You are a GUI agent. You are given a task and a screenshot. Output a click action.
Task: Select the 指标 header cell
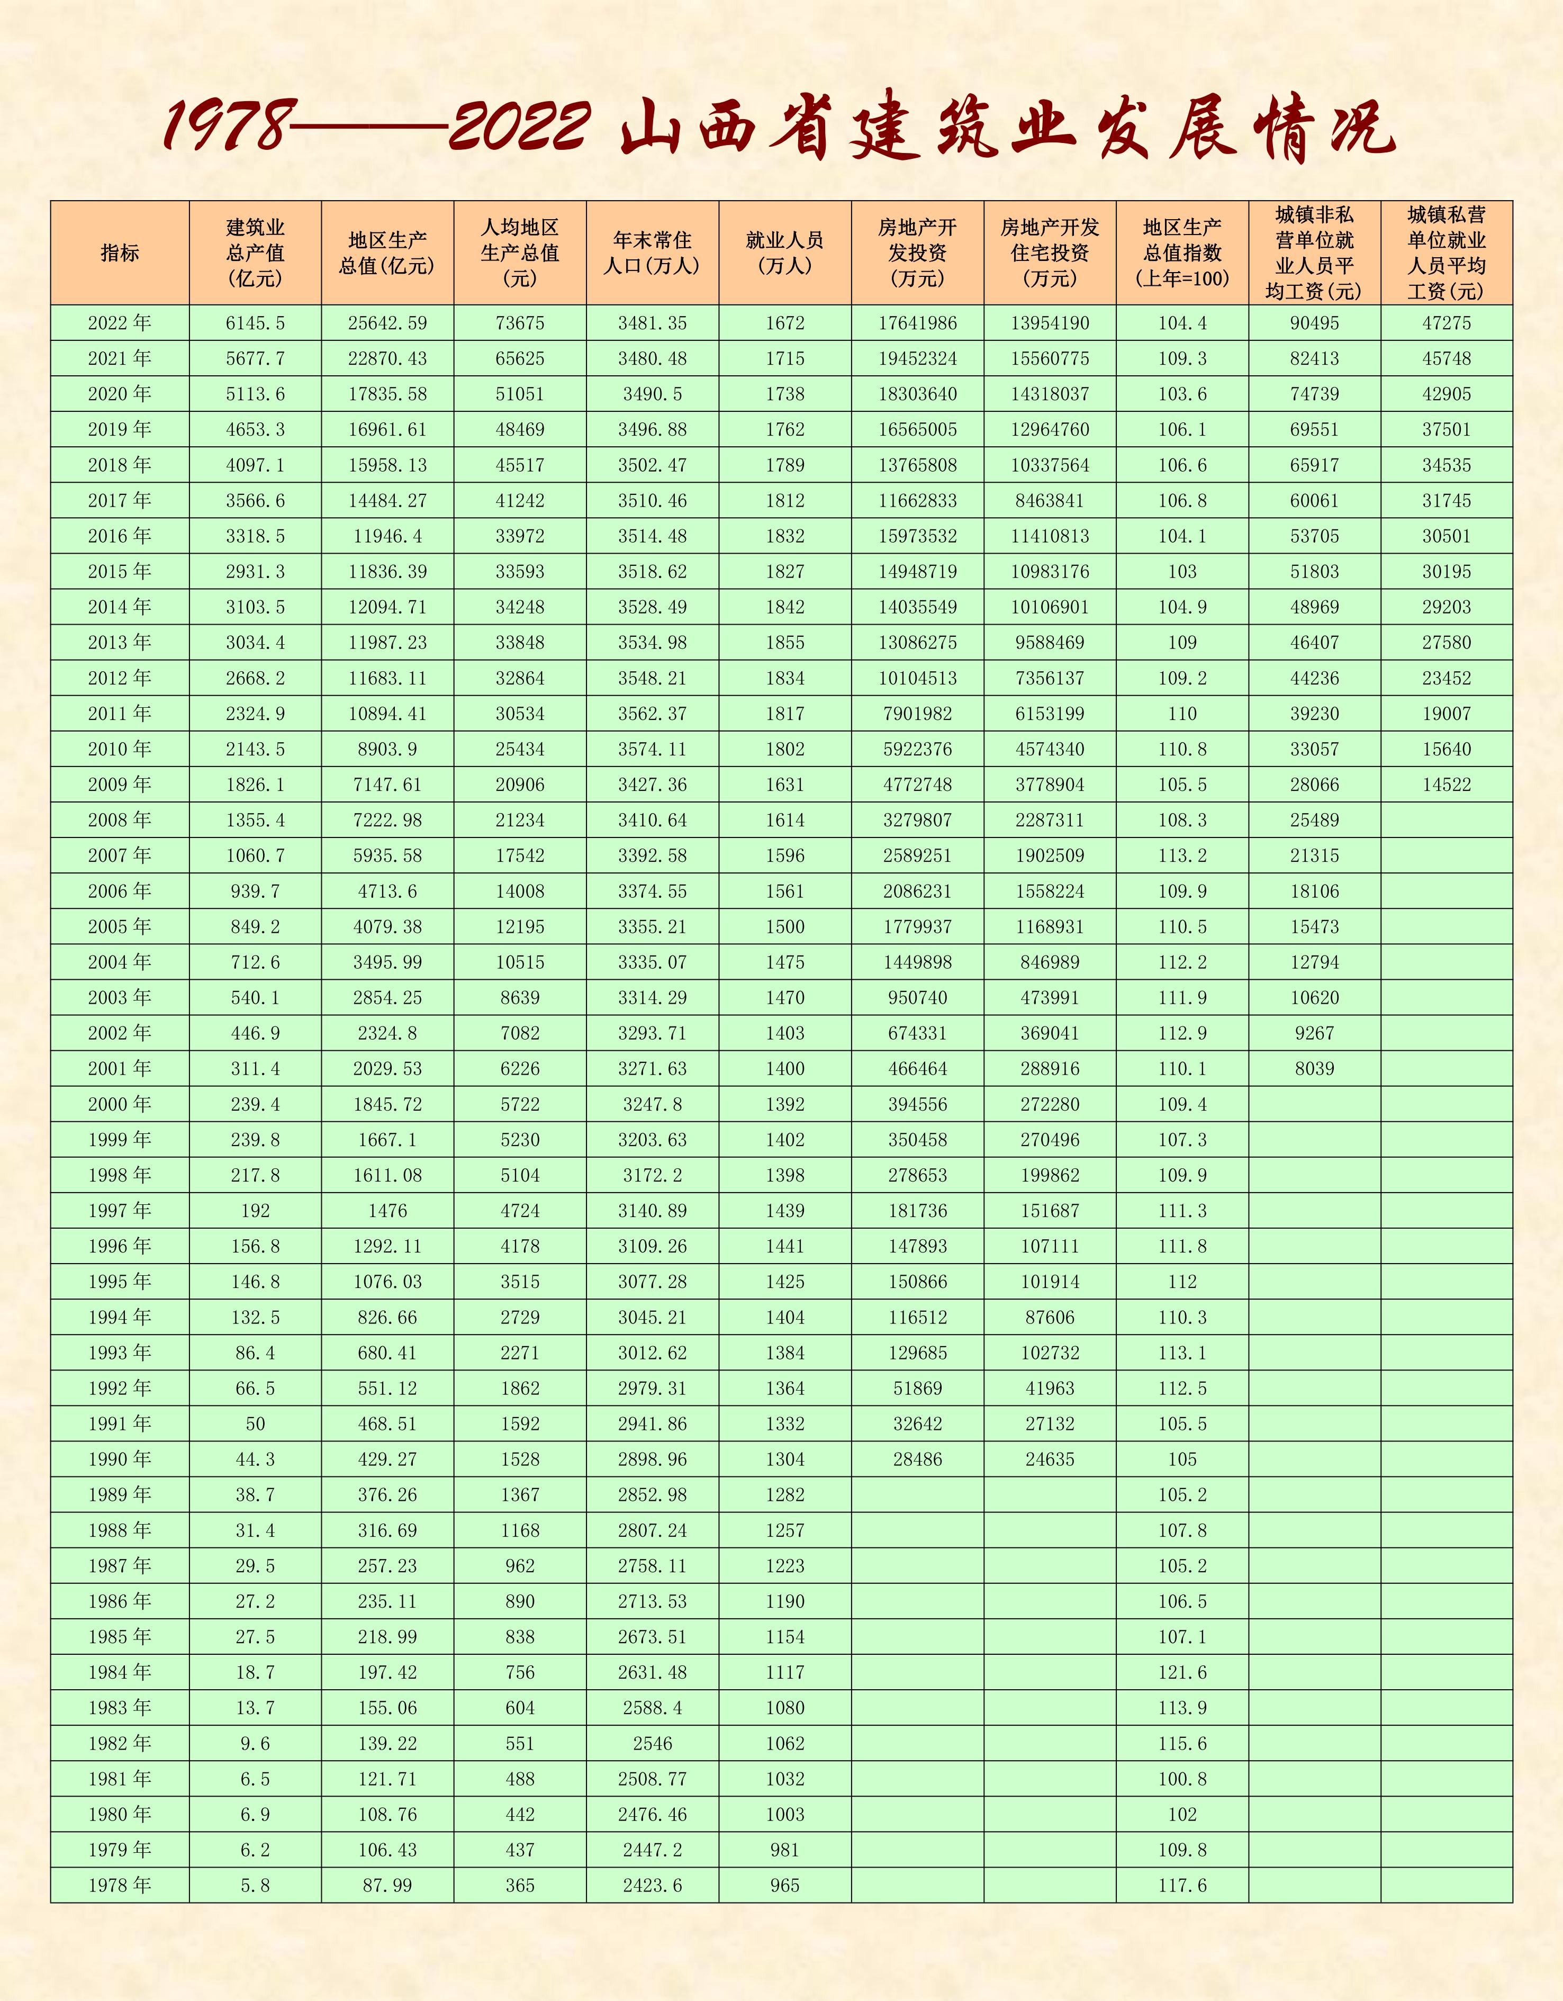(x=119, y=253)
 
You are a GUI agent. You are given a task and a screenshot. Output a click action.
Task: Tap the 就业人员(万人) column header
(x=784, y=253)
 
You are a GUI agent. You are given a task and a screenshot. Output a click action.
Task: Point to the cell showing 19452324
(x=917, y=358)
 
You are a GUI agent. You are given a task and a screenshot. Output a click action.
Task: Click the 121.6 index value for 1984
(x=1182, y=1672)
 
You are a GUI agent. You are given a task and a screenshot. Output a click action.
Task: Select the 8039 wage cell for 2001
(x=1314, y=1068)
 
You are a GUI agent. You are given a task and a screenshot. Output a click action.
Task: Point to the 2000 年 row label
(x=119, y=1104)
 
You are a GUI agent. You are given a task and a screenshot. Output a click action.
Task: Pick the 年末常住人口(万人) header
(x=652, y=253)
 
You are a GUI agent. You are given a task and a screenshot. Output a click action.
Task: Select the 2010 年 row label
(x=119, y=749)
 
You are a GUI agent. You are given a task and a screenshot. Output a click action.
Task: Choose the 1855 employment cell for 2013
(x=784, y=642)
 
